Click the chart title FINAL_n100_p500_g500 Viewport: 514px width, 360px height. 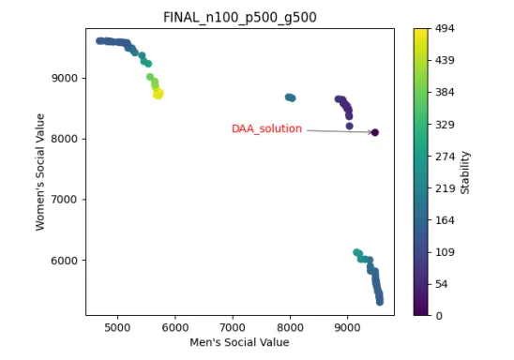[x=239, y=17]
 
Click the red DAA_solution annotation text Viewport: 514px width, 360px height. [x=266, y=128]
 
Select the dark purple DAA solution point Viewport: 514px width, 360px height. [x=375, y=132]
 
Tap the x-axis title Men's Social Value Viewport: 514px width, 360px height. [x=239, y=342]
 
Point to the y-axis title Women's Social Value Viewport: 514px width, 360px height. [x=40, y=172]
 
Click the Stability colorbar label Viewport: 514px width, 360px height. [x=465, y=172]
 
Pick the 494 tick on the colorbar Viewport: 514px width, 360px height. [x=445, y=29]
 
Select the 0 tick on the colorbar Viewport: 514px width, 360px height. [x=439, y=316]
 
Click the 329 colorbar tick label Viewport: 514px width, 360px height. [x=445, y=125]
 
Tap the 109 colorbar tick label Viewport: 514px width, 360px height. [x=445, y=252]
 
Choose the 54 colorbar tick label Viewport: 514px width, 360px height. [x=442, y=284]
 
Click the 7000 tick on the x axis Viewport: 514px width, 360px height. [x=233, y=327]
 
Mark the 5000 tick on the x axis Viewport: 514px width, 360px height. [x=117, y=327]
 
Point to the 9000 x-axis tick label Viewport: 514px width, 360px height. [x=347, y=327]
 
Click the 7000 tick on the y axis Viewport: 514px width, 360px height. [x=64, y=200]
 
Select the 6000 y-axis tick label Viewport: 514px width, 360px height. [x=64, y=261]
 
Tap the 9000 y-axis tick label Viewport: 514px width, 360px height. [x=64, y=78]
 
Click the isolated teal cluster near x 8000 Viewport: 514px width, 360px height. [x=291, y=97]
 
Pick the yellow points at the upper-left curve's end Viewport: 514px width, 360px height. [x=159, y=94]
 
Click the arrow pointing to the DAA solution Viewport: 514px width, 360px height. [x=339, y=131]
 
